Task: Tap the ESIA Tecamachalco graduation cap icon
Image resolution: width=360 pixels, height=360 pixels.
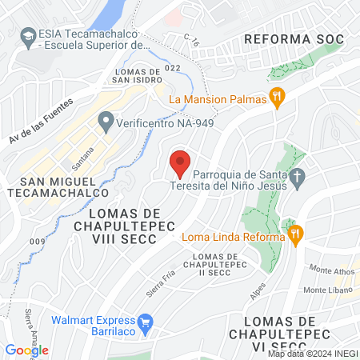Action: point(28,35)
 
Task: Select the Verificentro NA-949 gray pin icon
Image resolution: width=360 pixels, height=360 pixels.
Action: point(105,122)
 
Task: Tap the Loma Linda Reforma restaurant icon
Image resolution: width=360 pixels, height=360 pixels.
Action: point(294,234)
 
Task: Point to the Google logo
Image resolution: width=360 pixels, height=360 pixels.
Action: point(26,350)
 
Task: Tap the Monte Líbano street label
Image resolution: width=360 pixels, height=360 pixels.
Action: point(324,289)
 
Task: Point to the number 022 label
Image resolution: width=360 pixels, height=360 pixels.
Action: point(173,68)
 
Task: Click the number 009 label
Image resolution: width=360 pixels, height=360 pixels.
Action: point(35,241)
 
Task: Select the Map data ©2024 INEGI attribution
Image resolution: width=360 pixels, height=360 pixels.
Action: point(312,354)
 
